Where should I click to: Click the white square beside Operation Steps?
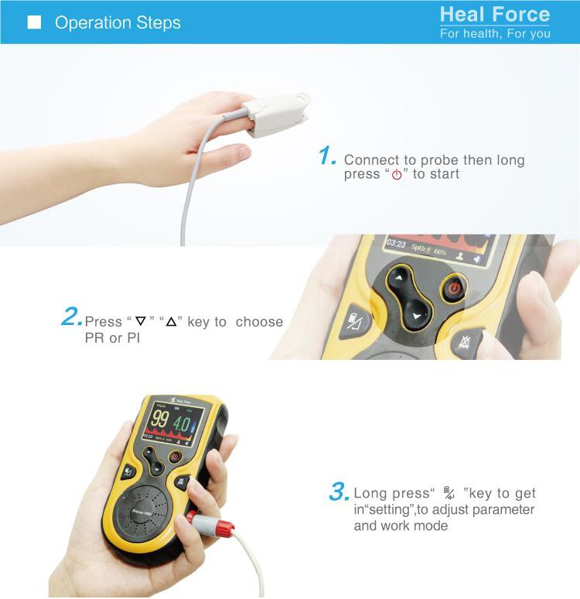coord(34,22)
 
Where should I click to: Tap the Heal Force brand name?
coord(495,15)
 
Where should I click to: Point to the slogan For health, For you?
coord(495,33)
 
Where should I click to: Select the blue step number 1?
coord(327,156)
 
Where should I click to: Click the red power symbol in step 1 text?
coord(397,175)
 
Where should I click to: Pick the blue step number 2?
coord(71,317)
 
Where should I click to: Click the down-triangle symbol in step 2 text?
coord(140,321)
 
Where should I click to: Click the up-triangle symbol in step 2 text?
coord(172,321)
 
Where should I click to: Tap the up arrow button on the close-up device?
coord(400,278)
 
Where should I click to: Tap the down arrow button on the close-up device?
coord(418,315)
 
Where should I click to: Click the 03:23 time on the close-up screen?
coord(397,243)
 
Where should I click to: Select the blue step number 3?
coord(339,491)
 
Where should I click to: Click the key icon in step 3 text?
coord(449,493)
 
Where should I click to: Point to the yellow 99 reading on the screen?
coord(159,420)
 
